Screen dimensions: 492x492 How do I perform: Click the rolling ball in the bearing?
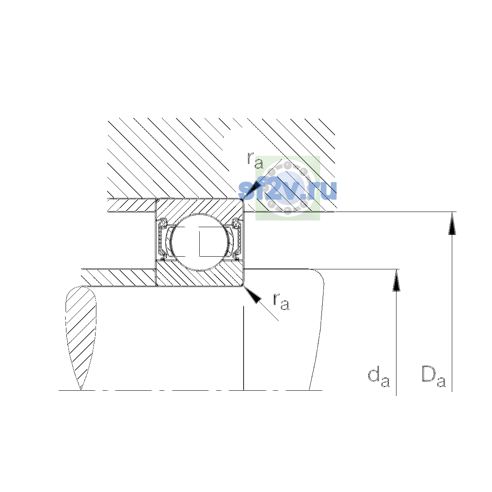[200, 242]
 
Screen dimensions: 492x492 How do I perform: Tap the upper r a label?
[255, 160]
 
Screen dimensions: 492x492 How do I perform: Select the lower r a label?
[281, 301]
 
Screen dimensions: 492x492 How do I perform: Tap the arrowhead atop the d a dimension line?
[396, 280]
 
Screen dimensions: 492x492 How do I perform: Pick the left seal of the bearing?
[162, 239]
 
